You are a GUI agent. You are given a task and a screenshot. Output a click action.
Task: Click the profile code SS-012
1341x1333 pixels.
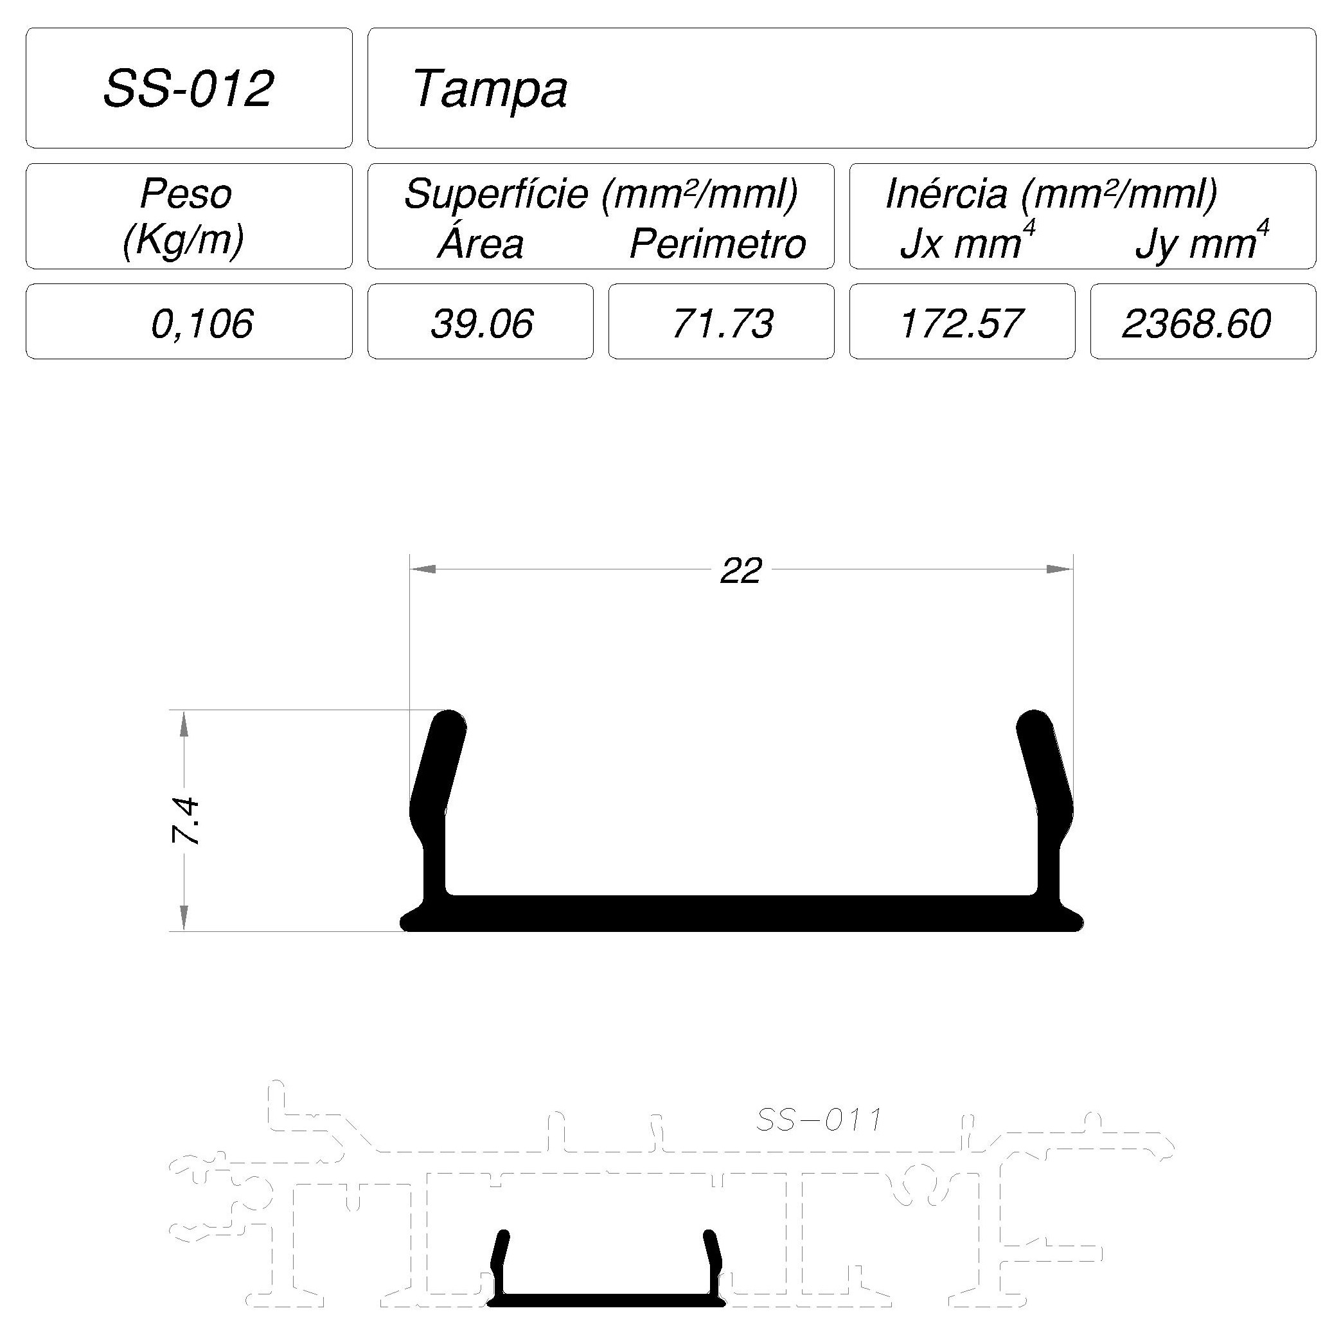click(188, 88)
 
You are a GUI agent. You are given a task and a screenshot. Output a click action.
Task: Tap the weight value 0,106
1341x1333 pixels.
click(202, 323)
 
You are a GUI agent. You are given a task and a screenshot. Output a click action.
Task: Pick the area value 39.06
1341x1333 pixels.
click(482, 323)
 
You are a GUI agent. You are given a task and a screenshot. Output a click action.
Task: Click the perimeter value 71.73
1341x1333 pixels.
click(723, 323)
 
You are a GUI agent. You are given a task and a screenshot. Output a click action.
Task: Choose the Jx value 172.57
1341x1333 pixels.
click(961, 323)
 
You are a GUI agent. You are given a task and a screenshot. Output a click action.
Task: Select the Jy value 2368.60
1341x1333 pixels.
click(1196, 323)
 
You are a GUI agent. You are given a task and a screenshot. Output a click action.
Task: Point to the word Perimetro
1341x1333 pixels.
click(718, 244)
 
